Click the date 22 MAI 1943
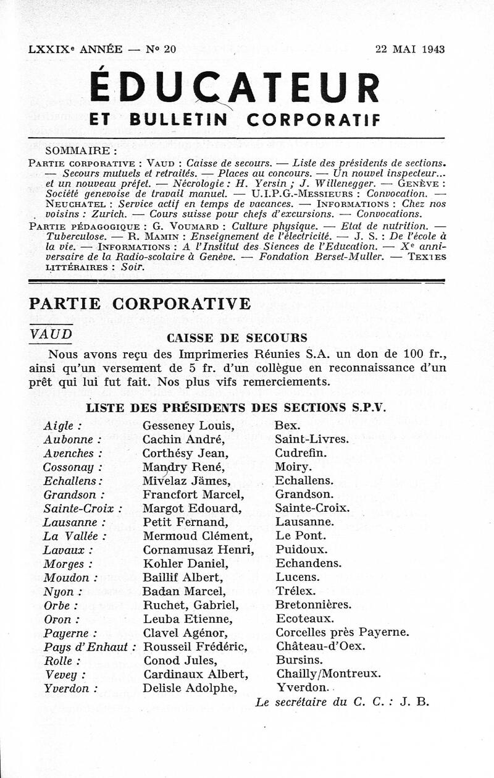tap(410, 50)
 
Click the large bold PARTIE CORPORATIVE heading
tap(140, 303)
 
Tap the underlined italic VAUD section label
tap(51, 334)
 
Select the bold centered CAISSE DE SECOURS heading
tap(237, 338)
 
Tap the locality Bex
tap(288, 426)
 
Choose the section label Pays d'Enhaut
tap(90, 646)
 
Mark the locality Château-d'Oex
tap(320, 646)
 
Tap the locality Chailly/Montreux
tap(328, 674)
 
